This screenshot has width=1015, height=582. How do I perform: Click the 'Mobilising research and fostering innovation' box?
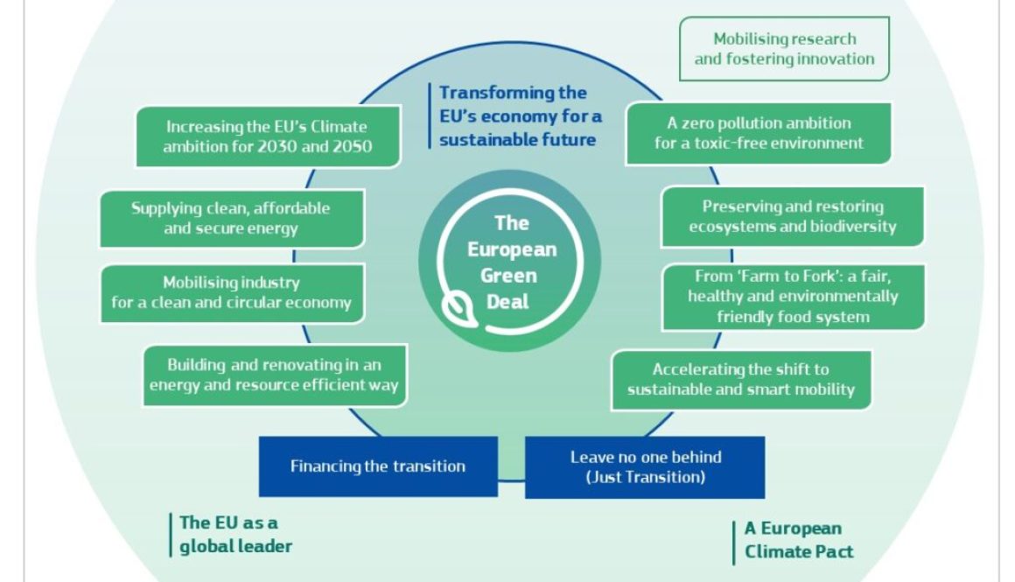pos(784,49)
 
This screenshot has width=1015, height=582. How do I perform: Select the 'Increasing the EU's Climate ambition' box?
pos(268,137)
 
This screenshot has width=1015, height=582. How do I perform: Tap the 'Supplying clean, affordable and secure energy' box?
pos(232,219)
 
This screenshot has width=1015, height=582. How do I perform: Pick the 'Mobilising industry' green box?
pos(232,292)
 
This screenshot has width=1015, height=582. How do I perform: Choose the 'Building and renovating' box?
pos(275,375)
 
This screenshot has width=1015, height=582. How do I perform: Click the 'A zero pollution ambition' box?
pos(759,133)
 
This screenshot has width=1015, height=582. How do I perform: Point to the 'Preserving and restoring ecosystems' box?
pos(793,217)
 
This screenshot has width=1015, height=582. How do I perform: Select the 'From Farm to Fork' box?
pos(793,297)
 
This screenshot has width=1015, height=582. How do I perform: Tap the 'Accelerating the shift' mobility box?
pos(741,380)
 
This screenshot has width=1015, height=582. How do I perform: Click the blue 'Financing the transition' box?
pos(378,466)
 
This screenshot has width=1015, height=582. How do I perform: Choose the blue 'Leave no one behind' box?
pos(645,466)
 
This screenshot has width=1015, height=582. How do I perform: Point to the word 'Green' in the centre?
pos(508,276)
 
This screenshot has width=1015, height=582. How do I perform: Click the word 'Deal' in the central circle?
pos(508,302)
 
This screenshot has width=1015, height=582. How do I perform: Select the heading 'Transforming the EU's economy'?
pos(520,116)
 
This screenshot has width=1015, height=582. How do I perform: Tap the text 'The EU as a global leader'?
pos(235,535)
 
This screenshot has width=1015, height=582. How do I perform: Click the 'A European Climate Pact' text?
pos(799,540)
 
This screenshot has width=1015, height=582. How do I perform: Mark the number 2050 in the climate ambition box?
pos(353,146)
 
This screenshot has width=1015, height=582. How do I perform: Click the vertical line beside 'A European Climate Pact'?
pos(734,543)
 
